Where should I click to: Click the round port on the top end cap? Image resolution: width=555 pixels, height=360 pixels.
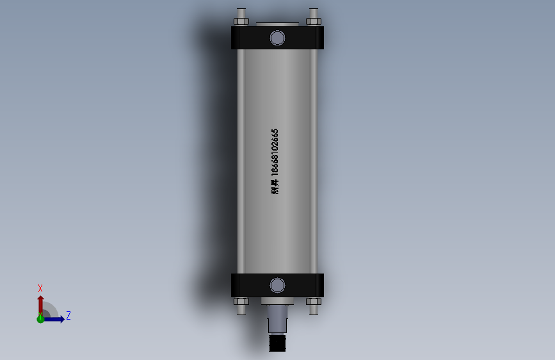pyautogui.click(x=277, y=38)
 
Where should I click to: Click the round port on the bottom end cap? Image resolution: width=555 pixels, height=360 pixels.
pyautogui.click(x=277, y=285)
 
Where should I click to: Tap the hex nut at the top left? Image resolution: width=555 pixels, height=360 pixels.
pyautogui.click(x=241, y=21)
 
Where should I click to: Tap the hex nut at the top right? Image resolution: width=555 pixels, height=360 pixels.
pyautogui.click(x=313, y=21)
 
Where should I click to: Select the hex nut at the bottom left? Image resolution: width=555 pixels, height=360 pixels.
pyautogui.click(x=241, y=301)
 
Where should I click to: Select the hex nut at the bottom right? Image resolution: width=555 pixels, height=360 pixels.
pyautogui.click(x=313, y=301)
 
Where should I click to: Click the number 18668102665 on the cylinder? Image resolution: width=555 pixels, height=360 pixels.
pyautogui.click(x=275, y=152)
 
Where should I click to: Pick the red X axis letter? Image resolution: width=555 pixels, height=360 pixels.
pyautogui.click(x=40, y=288)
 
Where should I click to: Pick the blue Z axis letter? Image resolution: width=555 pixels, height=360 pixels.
pyautogui.click(x=68, y=315)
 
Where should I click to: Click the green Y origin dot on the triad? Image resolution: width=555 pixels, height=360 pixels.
pyautogui.click(x=40, y=318)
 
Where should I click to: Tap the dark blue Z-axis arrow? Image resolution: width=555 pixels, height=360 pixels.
pyautogui.click(x=56, y=319)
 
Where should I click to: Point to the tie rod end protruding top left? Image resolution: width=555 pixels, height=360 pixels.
pyautogui.click(x=241, y=12)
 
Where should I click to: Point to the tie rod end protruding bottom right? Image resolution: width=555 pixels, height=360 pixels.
pyautogui.click(x=313, y=310)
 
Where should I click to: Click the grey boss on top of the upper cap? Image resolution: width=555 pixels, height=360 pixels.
pyautogui.click(x=277, y=24)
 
